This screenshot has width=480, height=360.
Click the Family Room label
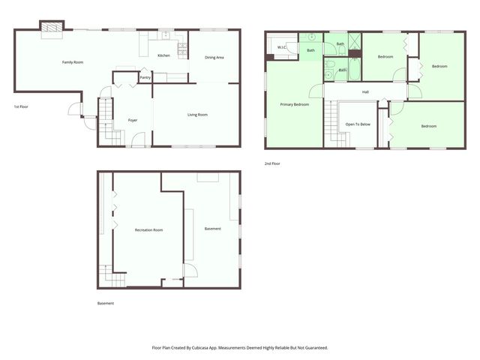(73, 62)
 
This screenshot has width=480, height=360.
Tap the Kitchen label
(163, 56)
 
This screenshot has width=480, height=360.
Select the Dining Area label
(214, 58)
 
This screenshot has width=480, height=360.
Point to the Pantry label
(145, 77)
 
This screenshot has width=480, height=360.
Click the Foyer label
(133, 120)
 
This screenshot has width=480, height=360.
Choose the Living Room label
(197, 115)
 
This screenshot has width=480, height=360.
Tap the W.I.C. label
(282, 47)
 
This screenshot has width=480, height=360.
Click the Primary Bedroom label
(295, 104)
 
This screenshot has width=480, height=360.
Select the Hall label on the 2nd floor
(365, 92)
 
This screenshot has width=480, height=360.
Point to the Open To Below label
(358, 124)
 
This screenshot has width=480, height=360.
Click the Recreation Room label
(148, 229)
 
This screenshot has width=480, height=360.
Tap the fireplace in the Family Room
(52, 28)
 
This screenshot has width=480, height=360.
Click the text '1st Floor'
(22, 107)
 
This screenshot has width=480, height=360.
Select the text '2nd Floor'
(272, 163)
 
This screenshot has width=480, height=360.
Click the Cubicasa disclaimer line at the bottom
(240, 348)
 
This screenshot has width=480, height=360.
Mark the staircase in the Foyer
(111, 124)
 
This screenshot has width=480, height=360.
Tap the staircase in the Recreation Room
(112, 277)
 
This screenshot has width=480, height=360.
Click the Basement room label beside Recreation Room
(213, 228)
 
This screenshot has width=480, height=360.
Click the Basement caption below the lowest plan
(106, 304)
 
